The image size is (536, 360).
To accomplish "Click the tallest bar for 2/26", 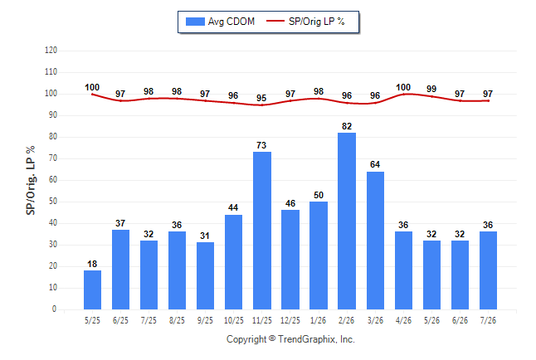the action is [x=347, y=221].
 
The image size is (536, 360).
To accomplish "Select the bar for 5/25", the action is [x=92, y=290].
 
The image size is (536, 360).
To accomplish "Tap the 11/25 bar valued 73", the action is [x=262, y=231].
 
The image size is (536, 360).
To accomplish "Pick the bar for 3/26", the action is [x=375, y=241].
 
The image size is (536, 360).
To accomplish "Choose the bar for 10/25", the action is [x=233, y=262].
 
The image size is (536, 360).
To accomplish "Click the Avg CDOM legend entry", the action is [x=220, y=22].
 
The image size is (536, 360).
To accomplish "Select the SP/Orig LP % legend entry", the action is [x=305, y=22].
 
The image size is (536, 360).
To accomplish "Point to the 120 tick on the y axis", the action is [x=51, y=51].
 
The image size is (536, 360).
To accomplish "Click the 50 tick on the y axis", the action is [x=53, y=202].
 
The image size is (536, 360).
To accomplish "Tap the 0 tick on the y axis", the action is [x=55, y=309].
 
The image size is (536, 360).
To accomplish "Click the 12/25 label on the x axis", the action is [x=290, y=320].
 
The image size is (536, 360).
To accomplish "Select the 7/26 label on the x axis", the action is [x=488, y=320].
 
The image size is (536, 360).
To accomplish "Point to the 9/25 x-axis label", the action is [x=205, y=320].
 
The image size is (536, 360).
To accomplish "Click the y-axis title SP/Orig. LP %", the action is [x=31, y=180].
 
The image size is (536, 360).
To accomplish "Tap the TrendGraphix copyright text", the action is [x=290, y=339].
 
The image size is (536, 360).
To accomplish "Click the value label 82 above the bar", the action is [x=347, y=126].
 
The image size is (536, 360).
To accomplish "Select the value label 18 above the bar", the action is [x=92, y=264].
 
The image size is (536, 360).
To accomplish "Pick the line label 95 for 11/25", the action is [x=261, y=98].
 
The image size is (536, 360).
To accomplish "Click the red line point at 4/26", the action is [x=403, y=94].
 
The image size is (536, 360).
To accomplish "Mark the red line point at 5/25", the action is [x=92, y=94].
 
